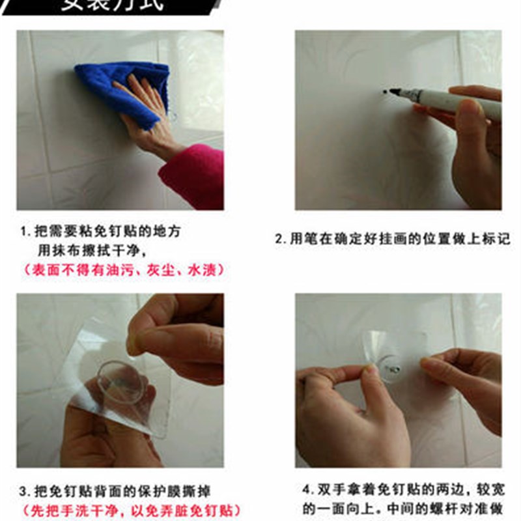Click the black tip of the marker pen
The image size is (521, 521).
pyautogui.click(x=393, y=92)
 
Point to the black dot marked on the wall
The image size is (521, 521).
pyautogui.click(x=384, y=91)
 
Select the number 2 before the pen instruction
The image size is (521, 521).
pyautogui.click(x=278, y=240)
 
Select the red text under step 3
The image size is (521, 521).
pyautogui.click(x=130, y=510)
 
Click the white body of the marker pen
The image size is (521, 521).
pyautogui.click(x=456, y=103)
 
